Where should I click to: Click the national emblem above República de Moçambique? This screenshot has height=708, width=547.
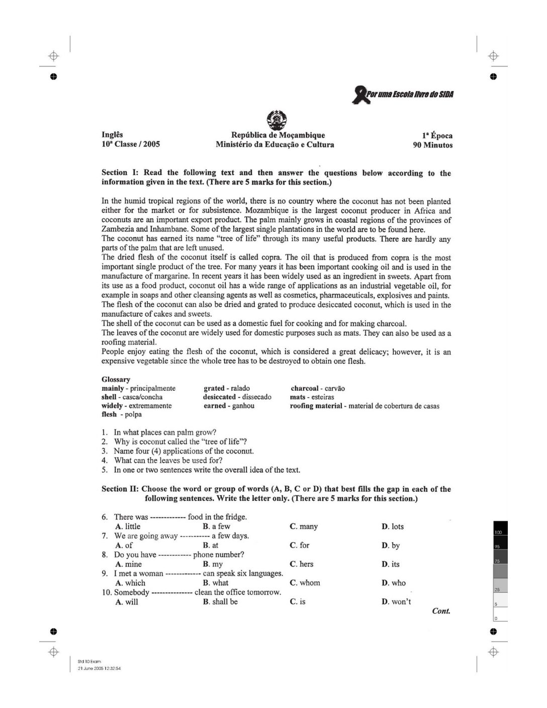[x=276, y=120]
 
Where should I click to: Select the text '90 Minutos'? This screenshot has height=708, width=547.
[x=432, y=145]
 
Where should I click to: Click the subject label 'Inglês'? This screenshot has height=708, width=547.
[x=112, y=135]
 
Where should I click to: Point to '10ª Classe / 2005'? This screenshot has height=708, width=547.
[x=131, y=144]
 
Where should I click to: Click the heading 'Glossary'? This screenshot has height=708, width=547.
[x=116, y=380]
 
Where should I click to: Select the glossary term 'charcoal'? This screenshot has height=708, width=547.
[x=305, y=388]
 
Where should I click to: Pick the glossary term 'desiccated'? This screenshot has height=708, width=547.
[x=219, y=397]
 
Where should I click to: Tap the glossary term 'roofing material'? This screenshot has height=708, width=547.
[x=316, y=406]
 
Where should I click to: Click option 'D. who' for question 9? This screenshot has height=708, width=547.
[x=394, y=583]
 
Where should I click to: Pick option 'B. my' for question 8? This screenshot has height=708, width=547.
[x=213, y=564]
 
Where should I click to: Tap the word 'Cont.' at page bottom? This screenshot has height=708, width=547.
[x=441, y=611]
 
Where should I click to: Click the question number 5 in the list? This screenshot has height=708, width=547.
[x=105, y=470]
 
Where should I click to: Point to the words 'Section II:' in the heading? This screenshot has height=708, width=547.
[x=120, y=489]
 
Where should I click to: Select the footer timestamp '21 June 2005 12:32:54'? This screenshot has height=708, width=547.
[x=100, y=669]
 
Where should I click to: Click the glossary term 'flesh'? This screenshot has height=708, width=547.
[x=109, y=414]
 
